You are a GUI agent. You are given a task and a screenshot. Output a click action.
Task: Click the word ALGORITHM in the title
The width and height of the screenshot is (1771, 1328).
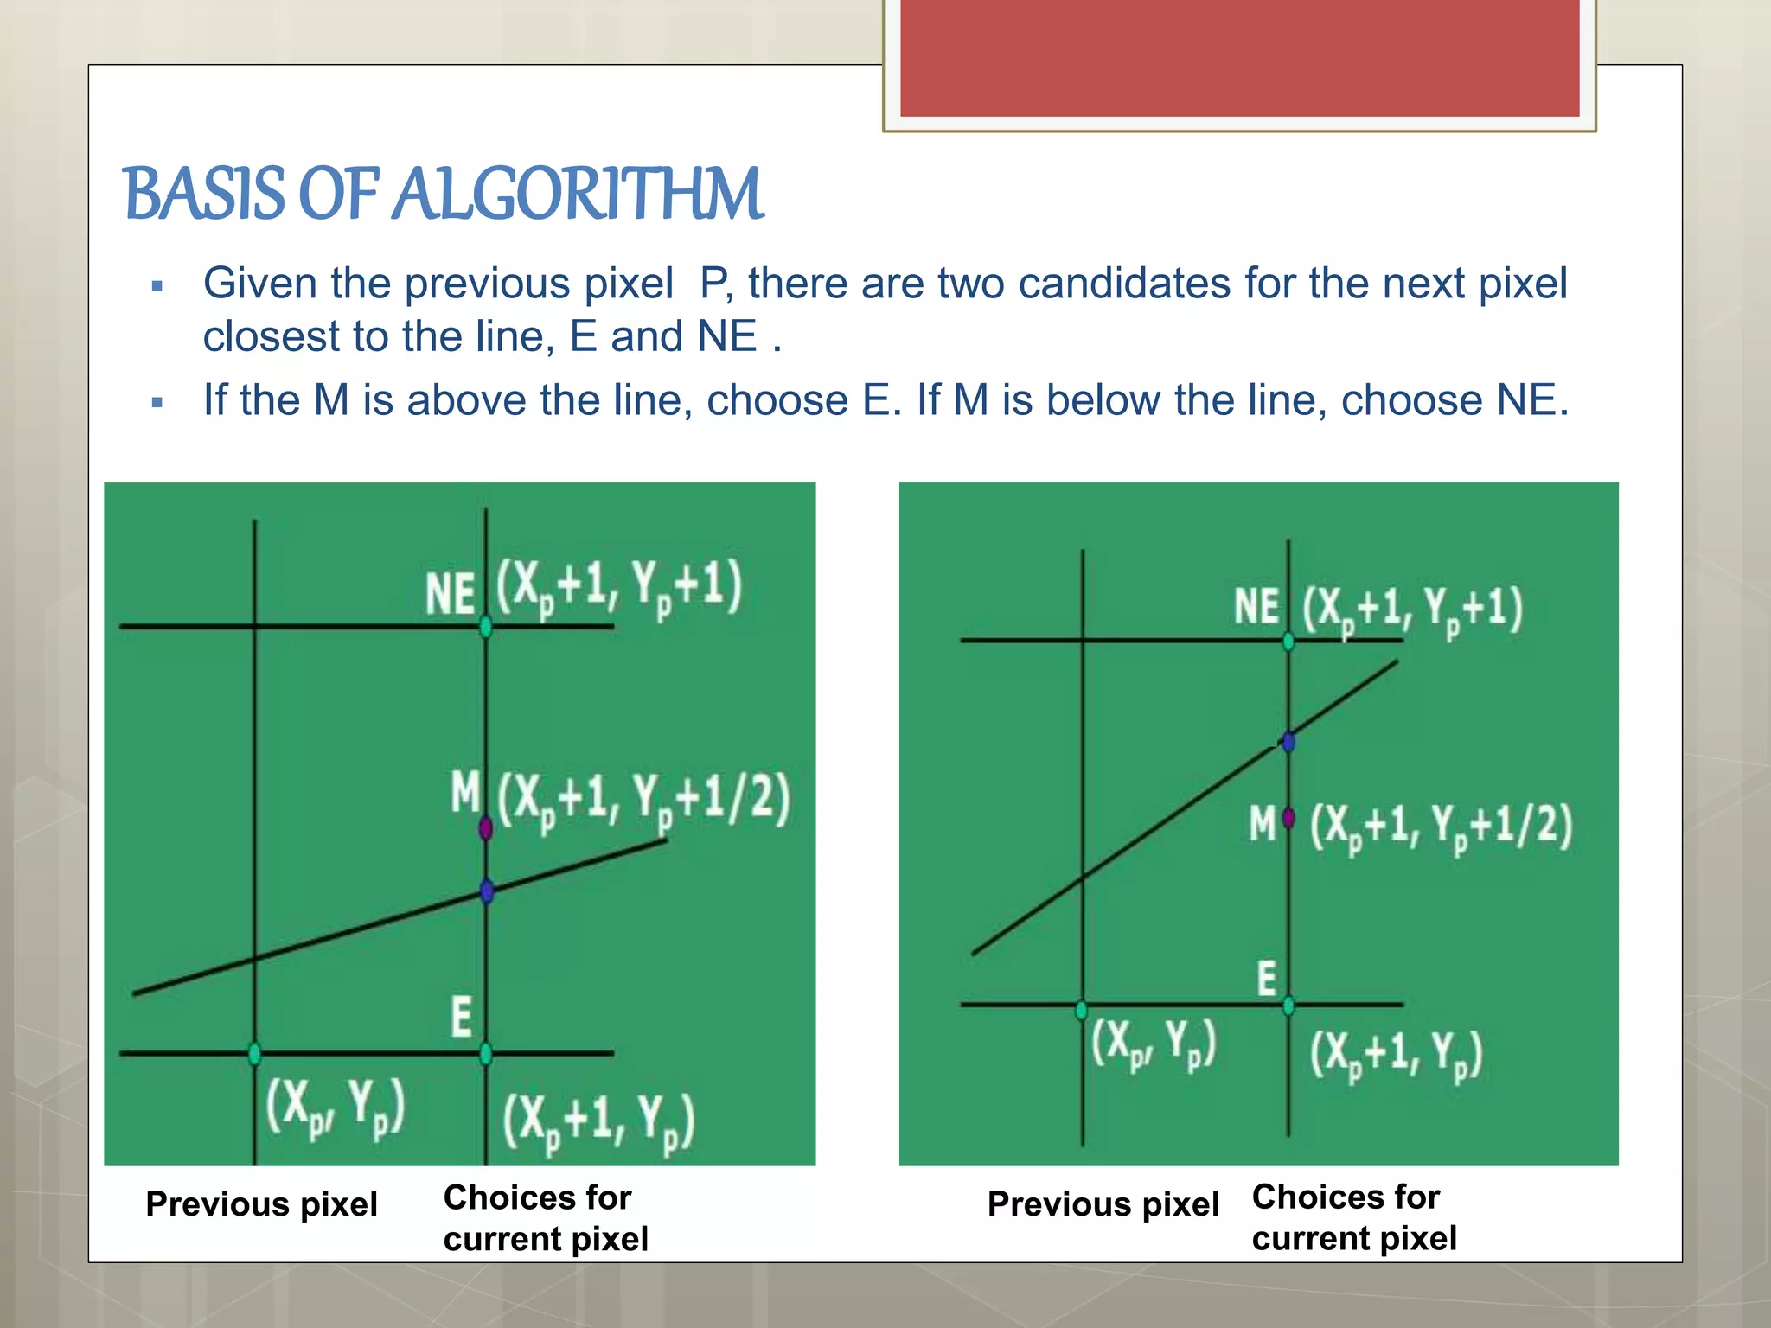578,194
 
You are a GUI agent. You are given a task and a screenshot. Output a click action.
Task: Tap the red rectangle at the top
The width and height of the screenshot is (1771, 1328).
1239,58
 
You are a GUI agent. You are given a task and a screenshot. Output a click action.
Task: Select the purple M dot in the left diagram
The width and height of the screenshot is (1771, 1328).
485,828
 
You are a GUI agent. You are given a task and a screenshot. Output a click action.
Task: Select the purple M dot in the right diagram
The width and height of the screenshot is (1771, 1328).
1288,817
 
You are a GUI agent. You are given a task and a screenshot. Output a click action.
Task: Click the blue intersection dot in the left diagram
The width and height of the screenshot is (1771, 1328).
486,891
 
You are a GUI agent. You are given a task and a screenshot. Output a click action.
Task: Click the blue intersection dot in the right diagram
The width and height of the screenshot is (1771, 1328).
1288,741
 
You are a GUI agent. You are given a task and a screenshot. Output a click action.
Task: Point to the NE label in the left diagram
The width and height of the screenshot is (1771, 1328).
451,595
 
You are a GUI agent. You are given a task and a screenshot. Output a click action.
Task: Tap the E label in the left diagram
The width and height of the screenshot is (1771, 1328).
461,1017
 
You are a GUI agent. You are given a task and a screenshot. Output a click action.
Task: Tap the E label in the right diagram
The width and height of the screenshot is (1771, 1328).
1266,980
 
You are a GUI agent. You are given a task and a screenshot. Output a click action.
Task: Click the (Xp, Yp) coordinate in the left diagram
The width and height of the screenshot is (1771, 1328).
335,1108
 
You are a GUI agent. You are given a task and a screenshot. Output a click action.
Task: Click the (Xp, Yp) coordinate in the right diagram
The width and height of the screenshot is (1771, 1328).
1154,1044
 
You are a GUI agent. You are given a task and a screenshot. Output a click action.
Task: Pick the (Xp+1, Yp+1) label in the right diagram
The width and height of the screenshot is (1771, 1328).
1413,610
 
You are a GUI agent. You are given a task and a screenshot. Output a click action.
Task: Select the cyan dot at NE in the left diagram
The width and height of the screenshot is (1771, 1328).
486,626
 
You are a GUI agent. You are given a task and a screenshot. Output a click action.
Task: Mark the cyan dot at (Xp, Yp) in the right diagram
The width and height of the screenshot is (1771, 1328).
1082,1010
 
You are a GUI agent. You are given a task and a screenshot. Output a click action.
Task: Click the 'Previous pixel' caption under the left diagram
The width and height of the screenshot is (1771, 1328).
261,1203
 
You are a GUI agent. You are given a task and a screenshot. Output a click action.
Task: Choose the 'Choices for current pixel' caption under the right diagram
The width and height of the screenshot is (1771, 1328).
1354,1217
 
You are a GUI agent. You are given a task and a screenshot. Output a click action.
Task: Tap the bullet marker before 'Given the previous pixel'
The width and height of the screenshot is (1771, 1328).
157,286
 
